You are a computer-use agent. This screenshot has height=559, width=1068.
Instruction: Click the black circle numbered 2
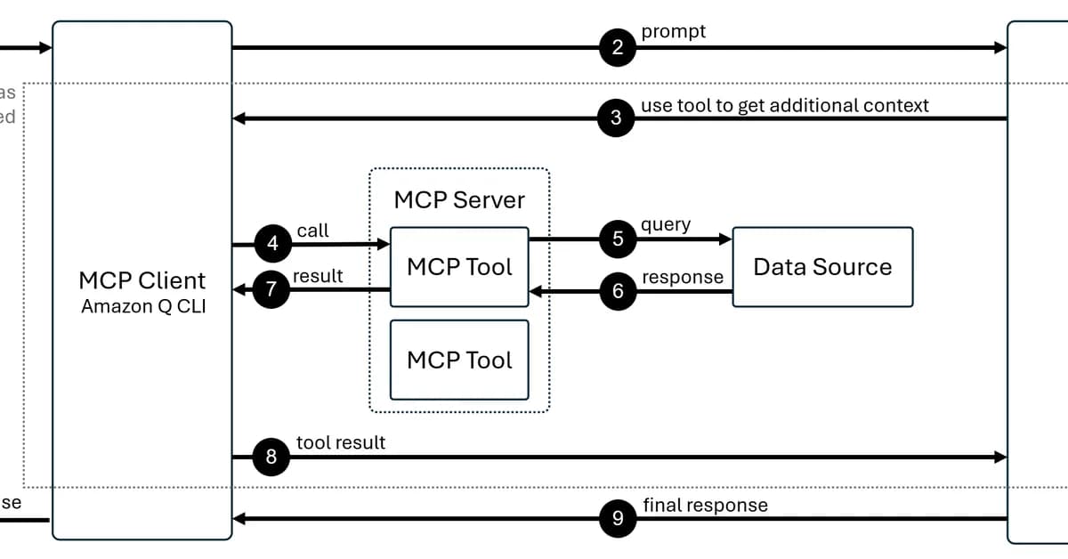pyautogui.click(x=618, y=48)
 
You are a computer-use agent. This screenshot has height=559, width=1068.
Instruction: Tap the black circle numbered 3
pyautogui.click(x=617, y=118)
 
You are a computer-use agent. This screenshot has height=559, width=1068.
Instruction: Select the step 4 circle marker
pyautogui.click(x=272, y=243)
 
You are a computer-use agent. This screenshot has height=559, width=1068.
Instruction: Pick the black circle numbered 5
pyautogui.click(x=618, y=239)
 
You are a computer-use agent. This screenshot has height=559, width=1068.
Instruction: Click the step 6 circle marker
pyautogui.click(x=618, y=291)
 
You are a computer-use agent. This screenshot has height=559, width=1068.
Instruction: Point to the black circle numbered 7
pyautogui.click(x=272, y=289)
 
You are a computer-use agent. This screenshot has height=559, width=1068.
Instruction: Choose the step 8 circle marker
pyautogui.click(x=271, y=457)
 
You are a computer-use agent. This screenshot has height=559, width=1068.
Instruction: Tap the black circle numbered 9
pyautogui.click(x=618, y=519)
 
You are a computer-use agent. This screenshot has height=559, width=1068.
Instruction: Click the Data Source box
pyautogui.click(x=822, y=267)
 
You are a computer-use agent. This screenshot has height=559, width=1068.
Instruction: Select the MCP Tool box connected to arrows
pyautogui.click(x=459, y=267)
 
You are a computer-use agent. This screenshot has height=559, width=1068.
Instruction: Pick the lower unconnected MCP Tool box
pyautogui.click(x=459, y=360)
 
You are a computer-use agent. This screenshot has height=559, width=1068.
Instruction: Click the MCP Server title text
pyautogui.click(x=459, y=199)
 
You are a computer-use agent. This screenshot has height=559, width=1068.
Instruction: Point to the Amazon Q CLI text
pyautogui.click(x=142, y=306)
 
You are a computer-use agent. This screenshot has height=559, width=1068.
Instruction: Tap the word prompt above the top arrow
pyautogui.click(x=673, y=31)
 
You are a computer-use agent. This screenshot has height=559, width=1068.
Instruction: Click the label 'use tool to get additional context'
pyautogui.click(x=784, y=106)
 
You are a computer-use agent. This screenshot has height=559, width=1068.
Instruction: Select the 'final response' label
pyautogui.click(x=705, y=505)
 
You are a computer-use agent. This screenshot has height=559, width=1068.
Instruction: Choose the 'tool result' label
pyautogui.click(x=340, y=442)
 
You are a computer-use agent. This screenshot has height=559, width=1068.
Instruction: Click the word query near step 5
pyautogui.click(x=666, y=224)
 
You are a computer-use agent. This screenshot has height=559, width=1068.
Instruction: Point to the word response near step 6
pyautogui.click(x=683, y=277)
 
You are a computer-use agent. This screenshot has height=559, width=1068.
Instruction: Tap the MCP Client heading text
pyautogui.click(x=142, y=280)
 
